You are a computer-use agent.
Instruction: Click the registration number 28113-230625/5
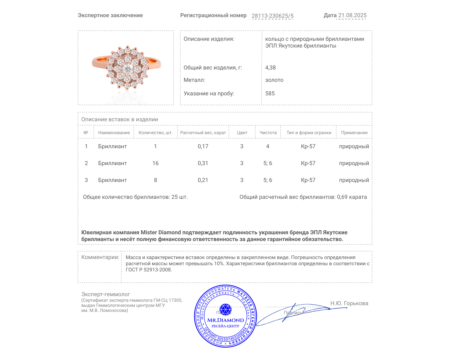click(272, 16)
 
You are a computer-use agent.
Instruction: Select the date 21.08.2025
click(352, 15)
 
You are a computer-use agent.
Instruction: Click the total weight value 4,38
click(270, 67)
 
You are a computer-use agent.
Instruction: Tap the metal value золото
click(274, 80)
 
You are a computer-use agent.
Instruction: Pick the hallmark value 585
click(270, 93)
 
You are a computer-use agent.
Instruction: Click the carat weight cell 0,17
click(203, 146)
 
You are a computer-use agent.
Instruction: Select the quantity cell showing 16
click(155, 163)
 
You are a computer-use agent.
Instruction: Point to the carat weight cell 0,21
click(203, 180)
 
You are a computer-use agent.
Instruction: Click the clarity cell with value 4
click(267, 146)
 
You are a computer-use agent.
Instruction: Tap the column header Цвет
click(242, 132)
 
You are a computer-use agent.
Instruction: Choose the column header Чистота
click(268, 132)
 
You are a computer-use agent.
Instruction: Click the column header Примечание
click(354, 132)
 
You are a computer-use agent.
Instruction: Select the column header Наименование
click(114, 132)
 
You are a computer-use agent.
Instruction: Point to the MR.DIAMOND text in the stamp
click(226, 320)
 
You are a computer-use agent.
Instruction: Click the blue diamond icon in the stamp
click(225, 309)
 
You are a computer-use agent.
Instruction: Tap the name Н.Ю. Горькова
click(349, 303)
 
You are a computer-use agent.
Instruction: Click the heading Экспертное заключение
click(110, 15)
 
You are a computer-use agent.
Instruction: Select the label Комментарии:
click(100, 257)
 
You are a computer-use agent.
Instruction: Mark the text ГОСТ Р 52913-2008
click(148, 270)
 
